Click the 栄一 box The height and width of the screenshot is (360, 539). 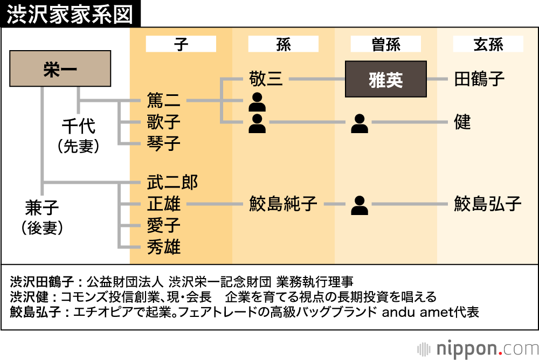coord(60,68)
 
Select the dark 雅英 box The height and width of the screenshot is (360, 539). coord(386,79)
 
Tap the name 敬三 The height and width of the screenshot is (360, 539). coord(266,79)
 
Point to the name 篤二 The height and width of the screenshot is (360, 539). coord(164,100)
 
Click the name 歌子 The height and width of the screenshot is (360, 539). coord(164,122)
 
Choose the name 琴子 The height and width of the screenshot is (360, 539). coord(164,143)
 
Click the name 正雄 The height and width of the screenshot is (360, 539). coord(164,204)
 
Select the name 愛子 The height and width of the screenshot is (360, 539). coord(164,226)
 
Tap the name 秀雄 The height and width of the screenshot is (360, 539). coord(164,247)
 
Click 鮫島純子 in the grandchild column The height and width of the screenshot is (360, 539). coord(283,204)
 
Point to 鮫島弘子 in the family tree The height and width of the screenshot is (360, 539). coord(488,204)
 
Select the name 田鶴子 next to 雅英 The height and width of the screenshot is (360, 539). coord(479,79)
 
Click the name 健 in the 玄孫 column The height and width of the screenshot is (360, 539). coord(462,122)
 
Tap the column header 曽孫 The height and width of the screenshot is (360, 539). coord(386,44)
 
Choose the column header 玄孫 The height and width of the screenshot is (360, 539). coord(488,44)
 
